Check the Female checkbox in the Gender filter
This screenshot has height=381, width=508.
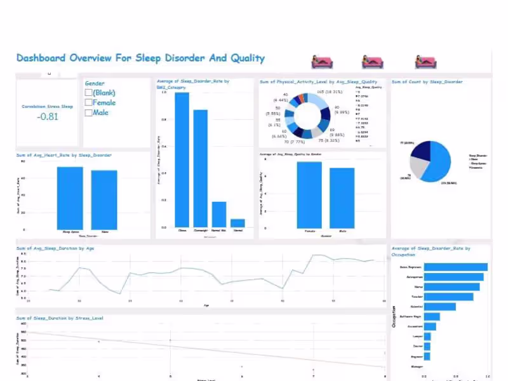coord(88,103)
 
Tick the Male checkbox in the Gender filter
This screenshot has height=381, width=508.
coord(88,113)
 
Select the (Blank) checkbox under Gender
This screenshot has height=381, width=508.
coord(88,93)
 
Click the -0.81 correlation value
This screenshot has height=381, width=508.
coord(47,116)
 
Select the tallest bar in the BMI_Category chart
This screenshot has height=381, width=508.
coord(182,159)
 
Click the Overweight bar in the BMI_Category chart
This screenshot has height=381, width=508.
coord(201,168)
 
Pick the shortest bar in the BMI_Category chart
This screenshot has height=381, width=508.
coord(237,223)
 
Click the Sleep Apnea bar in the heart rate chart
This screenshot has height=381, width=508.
coord(70,197)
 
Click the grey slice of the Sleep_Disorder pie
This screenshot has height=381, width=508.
coord(418,166)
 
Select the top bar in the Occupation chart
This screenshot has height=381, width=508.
coord(455,267)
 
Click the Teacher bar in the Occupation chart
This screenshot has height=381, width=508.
coord(448,297)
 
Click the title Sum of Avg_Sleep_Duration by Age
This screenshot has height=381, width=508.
coord(55,248)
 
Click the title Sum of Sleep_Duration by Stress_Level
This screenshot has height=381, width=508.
coord(60,317)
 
